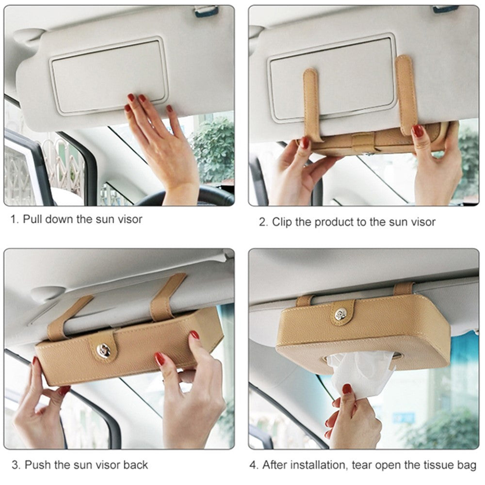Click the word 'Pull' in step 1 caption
[x=33, y=219]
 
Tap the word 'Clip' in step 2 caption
[x=282, y=222]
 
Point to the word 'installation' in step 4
[x=320, y=465]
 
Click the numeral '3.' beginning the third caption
[x=16, y=465]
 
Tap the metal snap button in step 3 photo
[x=103, y=350]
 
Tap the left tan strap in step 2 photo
[x=311, y=104]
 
